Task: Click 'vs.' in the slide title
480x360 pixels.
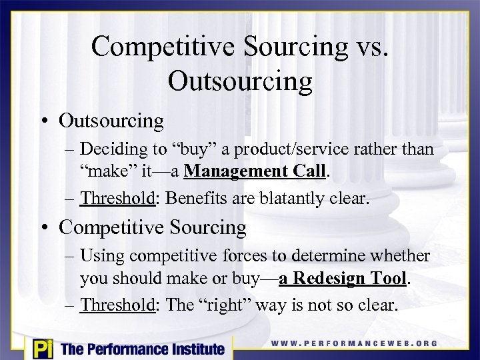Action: click(369, 47)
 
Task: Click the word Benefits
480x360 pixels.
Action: click(195, 198)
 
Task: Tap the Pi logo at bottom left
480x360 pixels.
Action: click(41, 348)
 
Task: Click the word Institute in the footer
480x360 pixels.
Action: click(193, 349)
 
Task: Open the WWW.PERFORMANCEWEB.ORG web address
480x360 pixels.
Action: click(354, 344)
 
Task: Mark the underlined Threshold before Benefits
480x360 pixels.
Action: click(120, 198)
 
